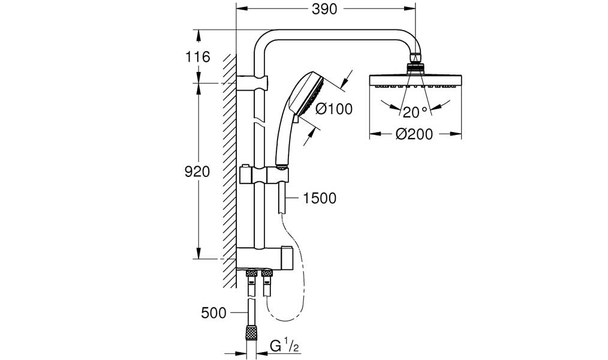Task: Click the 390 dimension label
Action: pyautogui.click(x=324, y=10)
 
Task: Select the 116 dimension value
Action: pyautogui.click(x=197, y=57)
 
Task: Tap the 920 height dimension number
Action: pyautogui.click(x=197, y=172)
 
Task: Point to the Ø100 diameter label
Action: pyautogui.click(x=334, y=109)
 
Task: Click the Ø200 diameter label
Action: pyautogui.click(x=414, y=134)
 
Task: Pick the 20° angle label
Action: pyautogui.click(x=415, y=112)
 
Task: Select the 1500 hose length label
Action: pyautogui.click(x=320, y=198)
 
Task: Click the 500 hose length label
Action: pyautogui.click(x=213, y=313)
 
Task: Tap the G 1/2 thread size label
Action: pyautogui.click(x=285, y=346)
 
